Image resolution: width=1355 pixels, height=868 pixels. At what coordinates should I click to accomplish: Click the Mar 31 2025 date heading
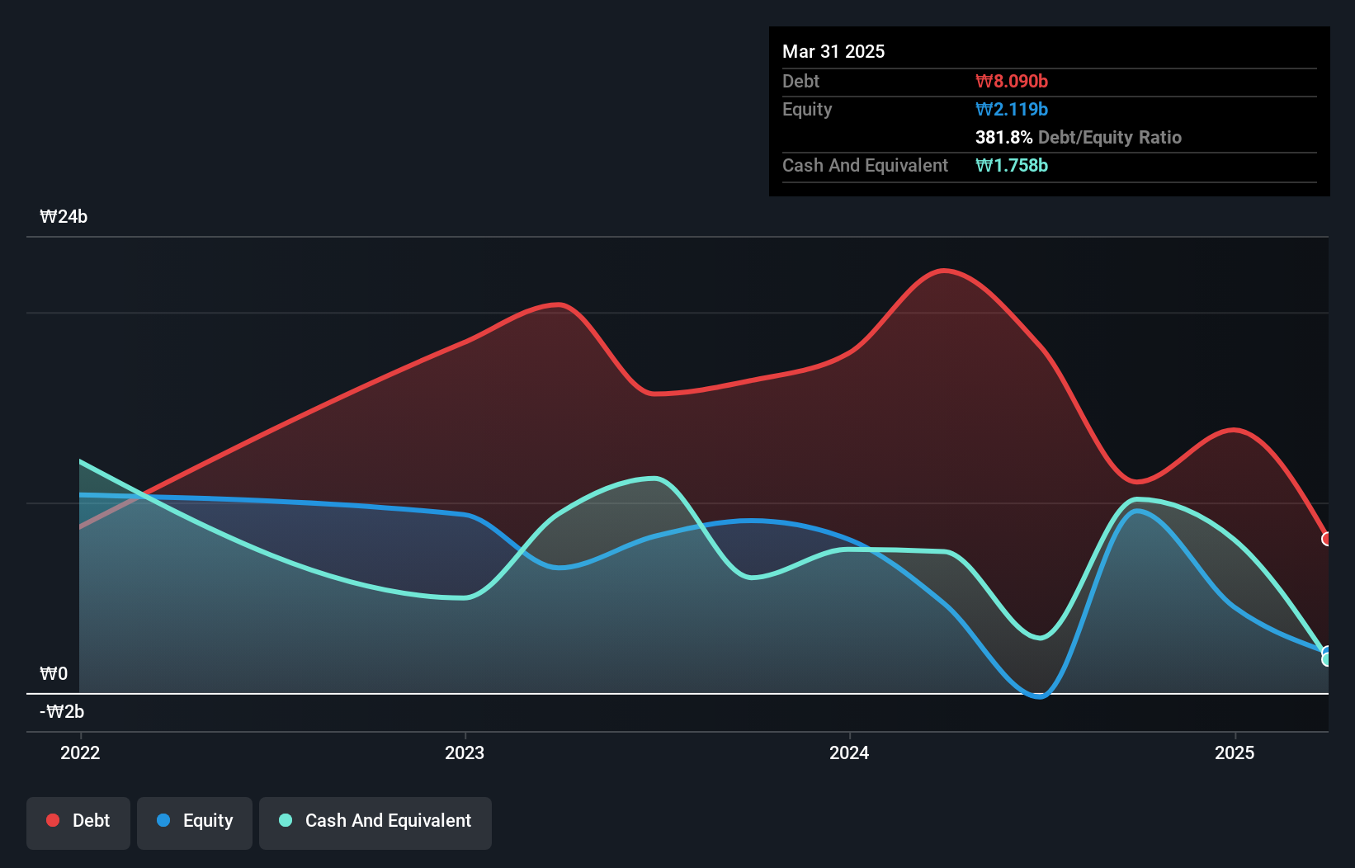tap(833, 51)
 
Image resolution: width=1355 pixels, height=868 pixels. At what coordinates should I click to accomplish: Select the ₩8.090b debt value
tap(1012, 81)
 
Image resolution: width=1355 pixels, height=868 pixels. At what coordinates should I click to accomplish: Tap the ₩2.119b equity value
tap(1012, 109)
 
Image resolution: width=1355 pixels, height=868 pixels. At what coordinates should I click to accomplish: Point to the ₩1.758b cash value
tap(1012, 165)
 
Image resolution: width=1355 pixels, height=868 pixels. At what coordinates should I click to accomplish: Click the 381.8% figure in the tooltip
tap(1003, 137)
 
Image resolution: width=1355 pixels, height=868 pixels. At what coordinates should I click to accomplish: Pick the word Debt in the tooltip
tap(800, 81)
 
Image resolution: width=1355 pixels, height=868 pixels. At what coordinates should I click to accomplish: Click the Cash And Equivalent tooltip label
tap(865, 165)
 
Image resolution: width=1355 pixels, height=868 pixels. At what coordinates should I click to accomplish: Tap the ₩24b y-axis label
tap(64, 216)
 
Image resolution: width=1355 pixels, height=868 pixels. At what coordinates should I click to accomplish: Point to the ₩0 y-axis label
tap(54, 673)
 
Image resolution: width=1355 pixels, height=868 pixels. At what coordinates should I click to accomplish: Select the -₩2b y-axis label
tap(62, 711)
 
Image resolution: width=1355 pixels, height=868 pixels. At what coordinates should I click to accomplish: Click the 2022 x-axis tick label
tap(80, 752)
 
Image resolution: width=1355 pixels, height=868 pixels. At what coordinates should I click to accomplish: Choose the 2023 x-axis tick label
tap(465, 752)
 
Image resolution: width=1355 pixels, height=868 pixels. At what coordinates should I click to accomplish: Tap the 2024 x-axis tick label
tap(849, 752)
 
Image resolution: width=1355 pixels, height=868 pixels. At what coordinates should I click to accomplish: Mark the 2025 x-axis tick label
tap(1235, 752)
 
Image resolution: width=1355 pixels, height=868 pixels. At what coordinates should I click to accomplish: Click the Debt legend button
tap(78, 820)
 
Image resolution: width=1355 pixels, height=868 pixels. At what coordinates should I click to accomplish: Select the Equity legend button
tap(195, 820)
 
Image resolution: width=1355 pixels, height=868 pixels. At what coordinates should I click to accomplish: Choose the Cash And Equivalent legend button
tap(375, 820)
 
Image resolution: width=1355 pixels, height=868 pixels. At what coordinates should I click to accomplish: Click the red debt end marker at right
tap(1327, 539)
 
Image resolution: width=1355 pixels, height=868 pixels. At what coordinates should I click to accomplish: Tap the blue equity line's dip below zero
tap(1039, 696)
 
